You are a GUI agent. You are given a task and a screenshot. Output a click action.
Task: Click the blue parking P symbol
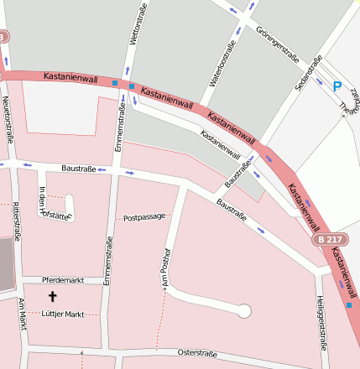(x=337, y=86)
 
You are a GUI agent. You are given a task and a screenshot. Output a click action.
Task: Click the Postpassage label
(x=143, y=217)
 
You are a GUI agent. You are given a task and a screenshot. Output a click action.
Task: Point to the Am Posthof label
(x=166, y=268)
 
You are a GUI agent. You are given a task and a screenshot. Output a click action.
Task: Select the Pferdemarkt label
(x=64, y=280)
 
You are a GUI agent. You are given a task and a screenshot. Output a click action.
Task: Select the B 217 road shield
(x=330, y=239)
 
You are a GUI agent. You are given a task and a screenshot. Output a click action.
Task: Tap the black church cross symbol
(x=53, y=296)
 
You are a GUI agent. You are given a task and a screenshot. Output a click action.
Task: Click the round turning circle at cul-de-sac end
(x=244, y=311)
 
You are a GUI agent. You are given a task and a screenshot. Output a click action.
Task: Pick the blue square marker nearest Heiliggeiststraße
(x=348, y=305)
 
